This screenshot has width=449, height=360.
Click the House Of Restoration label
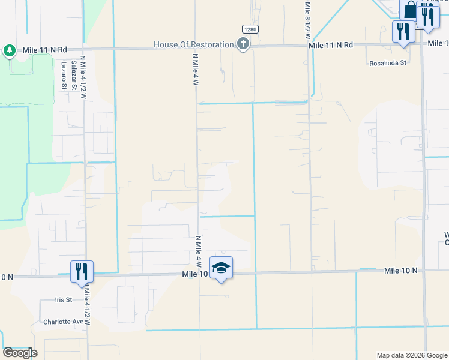pyautogui.click(x=193, y=44)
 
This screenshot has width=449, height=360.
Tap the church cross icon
pyautogui.click(x=243, y=44)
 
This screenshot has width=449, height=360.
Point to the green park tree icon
pyautogui.click(x=10, y=50)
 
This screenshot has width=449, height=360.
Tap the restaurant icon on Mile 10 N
pyautogui.click(x=81, y=272)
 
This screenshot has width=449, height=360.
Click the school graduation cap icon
pyautogui.click(x=221, y=268)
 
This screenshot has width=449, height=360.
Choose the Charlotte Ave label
pyautogui.click(x=63, y=321)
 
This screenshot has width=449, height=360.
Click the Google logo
pyautogui.click(x=20, y=353)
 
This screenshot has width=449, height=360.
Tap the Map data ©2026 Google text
pyautogui.click(x=411, y=355)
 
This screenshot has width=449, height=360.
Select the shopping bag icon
pyautogui.click(x=410, y=10)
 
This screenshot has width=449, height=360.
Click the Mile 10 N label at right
pyautogui.click(x=401, y=271)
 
